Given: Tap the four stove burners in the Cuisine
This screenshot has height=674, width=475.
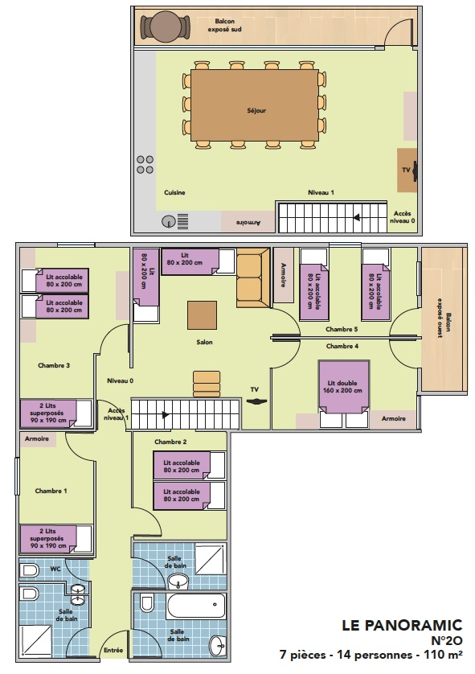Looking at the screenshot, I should (x=145, y=164).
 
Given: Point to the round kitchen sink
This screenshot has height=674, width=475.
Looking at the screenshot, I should (x=169, y=221).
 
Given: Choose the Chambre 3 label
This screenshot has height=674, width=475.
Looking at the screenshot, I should (x=54, y=365).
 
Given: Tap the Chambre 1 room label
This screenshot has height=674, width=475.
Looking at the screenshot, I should (x=51, y=490).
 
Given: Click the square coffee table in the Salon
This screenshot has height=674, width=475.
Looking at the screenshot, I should (x=202, y=314).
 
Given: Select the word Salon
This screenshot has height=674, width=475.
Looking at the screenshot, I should (x=205, y=342).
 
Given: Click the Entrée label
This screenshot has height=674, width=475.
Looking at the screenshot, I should (x=113, y=651).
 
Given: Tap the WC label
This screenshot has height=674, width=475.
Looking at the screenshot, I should (x=55, y=569).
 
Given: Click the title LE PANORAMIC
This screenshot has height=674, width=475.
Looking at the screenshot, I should (x=403, y=625).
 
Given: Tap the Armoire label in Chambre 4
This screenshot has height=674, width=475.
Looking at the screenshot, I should (x=393, y=419).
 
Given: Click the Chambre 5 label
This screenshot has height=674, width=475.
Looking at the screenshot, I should (x=342, y=329).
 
